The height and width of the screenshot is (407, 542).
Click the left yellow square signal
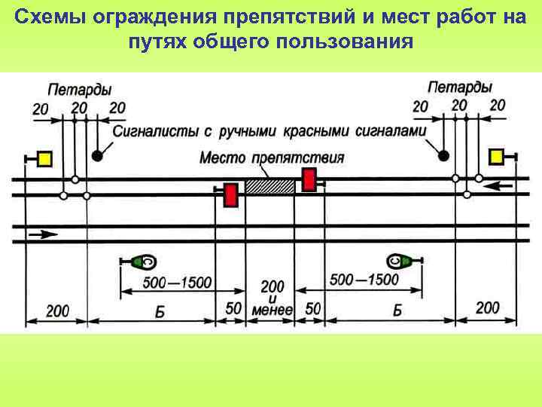coord(44,158)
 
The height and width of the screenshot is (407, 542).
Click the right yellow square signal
coord(496,156)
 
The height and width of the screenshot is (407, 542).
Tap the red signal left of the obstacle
coord(230,194)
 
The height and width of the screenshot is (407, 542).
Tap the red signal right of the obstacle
coord(309,179)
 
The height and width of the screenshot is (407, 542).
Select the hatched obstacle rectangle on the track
coord(270,186)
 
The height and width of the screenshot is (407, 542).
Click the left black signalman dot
coord(98,155)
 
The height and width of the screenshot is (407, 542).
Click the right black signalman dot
coord(444,155)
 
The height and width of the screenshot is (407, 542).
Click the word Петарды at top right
coord(459,87)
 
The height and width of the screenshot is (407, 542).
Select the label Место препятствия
coord(272,158)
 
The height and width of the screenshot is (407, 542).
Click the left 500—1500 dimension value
coord(177,283)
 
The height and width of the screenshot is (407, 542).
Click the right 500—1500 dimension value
coord(364,280)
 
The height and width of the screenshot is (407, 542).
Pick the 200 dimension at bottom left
coord(57,310)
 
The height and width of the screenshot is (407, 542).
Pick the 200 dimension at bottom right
coord(487,307)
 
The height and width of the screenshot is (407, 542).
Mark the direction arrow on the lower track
coord(44,235)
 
